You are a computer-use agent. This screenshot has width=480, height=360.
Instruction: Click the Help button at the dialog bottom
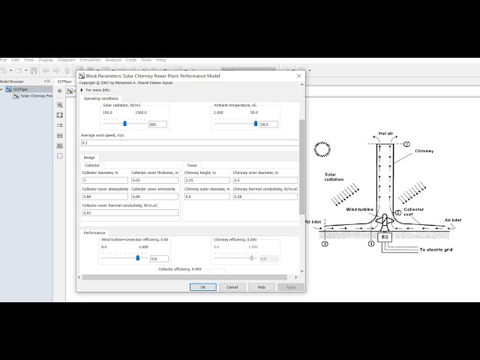[x=262, y=286]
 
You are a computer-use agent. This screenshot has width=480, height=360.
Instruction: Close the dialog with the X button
[x=299, y=76]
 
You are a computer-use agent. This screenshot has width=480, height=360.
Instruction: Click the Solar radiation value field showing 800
[x=157, y=124]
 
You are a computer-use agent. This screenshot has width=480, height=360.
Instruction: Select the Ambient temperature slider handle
[x=256, y=124]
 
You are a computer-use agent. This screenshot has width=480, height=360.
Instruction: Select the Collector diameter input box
[x=104, y=180]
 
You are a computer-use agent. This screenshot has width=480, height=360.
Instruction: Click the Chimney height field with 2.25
[x=206, y=180]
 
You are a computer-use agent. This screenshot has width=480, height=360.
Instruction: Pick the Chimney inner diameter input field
[x=265, y=180]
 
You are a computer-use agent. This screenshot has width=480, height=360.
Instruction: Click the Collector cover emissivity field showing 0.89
[x=155, y=196]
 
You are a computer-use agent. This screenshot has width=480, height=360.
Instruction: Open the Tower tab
[x=193, y=165]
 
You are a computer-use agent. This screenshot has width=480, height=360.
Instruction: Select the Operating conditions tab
[x=101, y=98]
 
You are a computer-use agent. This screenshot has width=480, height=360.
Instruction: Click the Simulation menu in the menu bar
[x=90, y=59]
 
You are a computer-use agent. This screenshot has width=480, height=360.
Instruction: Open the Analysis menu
[x=113, y=59]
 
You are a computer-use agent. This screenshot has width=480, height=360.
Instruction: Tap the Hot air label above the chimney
[x=386, y=132]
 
